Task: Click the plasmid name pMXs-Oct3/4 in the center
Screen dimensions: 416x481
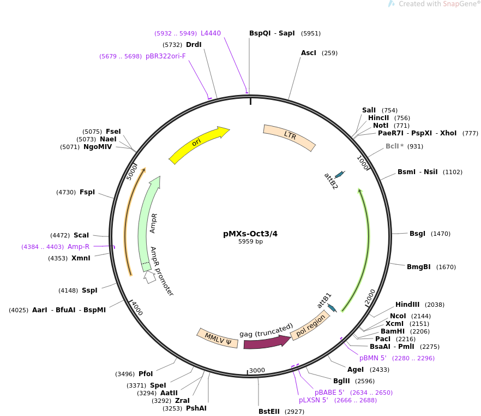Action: pos(250,233)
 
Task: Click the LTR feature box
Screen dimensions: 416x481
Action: pos(289,137)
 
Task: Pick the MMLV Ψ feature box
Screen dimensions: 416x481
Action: pos(217,337)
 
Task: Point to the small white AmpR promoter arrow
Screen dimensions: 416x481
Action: pos(149,277)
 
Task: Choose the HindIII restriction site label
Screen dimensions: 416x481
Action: pos(407,305)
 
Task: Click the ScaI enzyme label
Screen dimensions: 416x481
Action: pos(81,235)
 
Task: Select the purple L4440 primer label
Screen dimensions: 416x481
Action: pos(211,33)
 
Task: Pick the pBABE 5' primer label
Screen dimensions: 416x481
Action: pos(329,392)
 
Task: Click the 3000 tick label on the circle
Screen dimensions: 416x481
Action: pos(256,370)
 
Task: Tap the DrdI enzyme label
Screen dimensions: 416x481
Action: pos(194,45)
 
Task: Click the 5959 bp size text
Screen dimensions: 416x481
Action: pos(250,241)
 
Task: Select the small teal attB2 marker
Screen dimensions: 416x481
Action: pos(340,174)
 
